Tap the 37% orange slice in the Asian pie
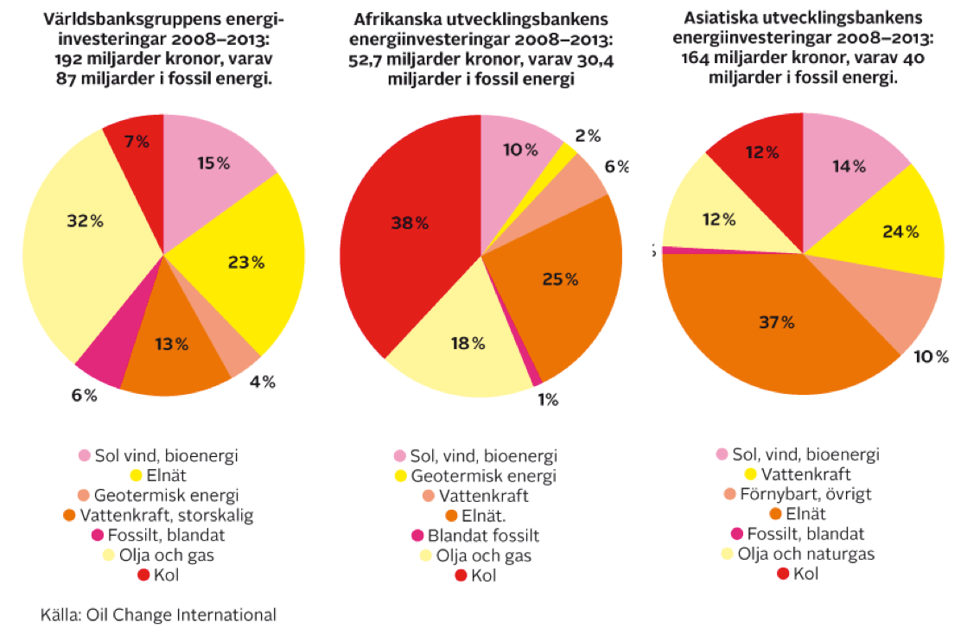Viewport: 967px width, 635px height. pyautogui.click(x=778, y=328)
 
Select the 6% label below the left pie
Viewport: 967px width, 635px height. pyautogui.click(x=85, y=396)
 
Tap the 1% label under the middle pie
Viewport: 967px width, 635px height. pyautogui.click(x=546, y=399)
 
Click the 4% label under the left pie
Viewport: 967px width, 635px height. pyautogui.click(x=262, y=381)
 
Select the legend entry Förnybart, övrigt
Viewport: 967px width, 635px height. pyautogui.click(x=801, y=494)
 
